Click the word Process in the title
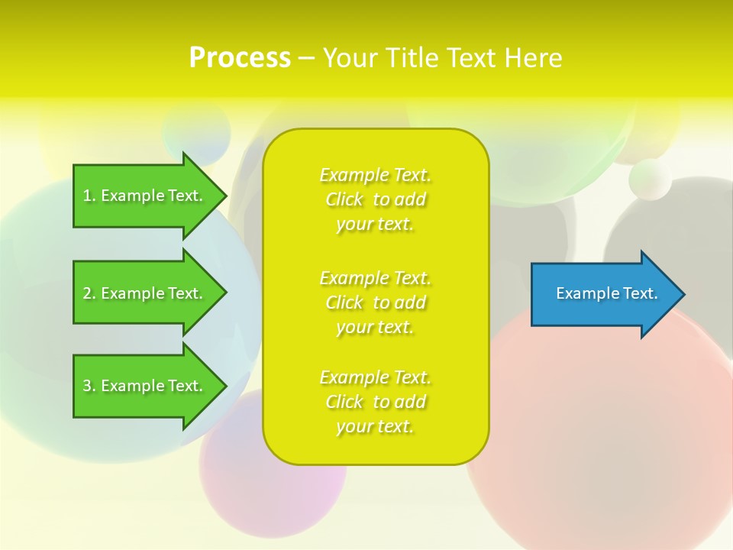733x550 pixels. [x=240, y=58]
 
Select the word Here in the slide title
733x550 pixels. [x=533, y=58]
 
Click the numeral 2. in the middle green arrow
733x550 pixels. [x=89, y=293]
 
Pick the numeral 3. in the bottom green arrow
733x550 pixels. [x=89, y=386]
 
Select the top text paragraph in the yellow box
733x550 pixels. [x=375, y=199]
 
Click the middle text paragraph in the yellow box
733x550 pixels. [x=375, y=302]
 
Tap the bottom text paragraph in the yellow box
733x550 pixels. [x=375, y=402]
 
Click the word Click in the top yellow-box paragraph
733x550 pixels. [x=344, y=200]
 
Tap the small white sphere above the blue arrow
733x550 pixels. [x=650, y=180]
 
